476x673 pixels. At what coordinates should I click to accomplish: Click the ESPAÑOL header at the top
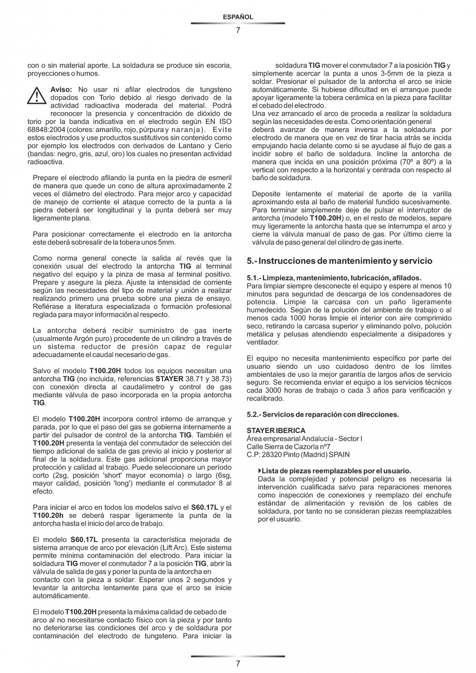pyautogui.click(x=237, y=17)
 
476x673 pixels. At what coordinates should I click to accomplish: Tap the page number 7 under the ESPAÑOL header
pyautogui.click(x=238, y=30)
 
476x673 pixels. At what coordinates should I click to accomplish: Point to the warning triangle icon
pyautogui.click(x=37, y=96)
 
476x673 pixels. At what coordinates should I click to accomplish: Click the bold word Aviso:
pyautogui.click(x=61, y=89)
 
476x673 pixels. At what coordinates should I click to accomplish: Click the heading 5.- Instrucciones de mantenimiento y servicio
pyautogui.click(x=339, y=261)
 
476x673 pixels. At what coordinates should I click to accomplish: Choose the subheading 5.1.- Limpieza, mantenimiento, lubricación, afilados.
pyautogui.click(x=334, y=278)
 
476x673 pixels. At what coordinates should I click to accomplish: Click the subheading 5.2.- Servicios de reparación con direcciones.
pyautogui.click(x=323, y=414)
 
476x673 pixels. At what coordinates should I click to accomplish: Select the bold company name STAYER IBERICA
pyautogui.click(x=276, y=430)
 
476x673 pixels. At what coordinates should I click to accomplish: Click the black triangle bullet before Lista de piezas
pyautogui.click(x=260, y=471)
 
